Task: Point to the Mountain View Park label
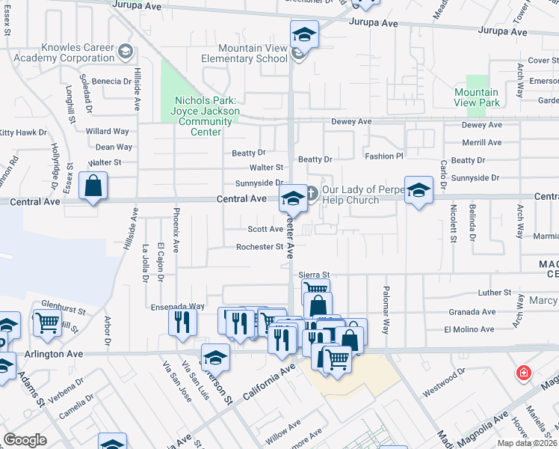(477, 97)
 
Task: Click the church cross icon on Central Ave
(312, 193)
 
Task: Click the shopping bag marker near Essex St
(93, 187)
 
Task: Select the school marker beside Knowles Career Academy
(126, 52)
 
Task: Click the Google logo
(25, 440)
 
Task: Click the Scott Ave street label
(265, 230)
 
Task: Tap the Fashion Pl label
(383, 156)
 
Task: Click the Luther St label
(495, 293)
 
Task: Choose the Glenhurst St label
(60, 305)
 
